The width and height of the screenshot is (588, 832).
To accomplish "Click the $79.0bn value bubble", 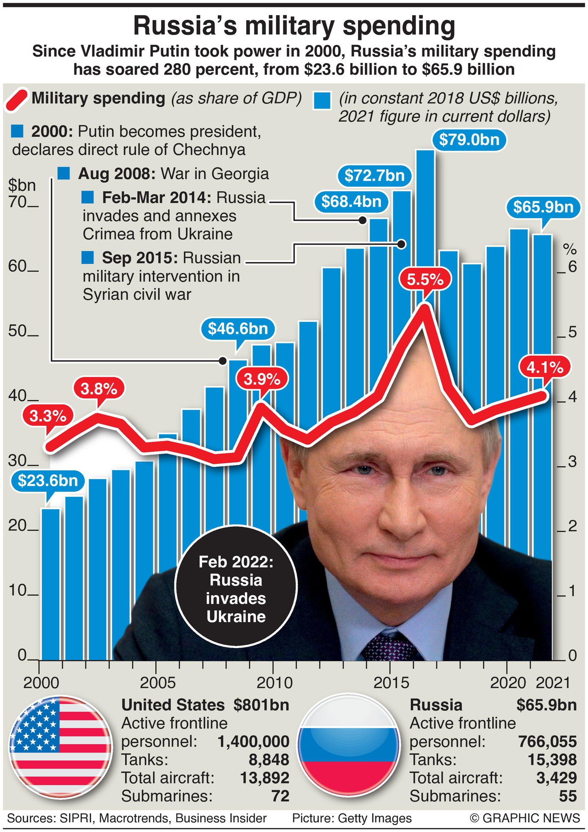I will [469, 139].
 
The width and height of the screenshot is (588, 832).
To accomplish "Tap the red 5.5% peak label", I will [425, 279].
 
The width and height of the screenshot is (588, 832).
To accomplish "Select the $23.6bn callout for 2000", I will [48, 480].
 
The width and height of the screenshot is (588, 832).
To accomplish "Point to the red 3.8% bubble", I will [99, 389].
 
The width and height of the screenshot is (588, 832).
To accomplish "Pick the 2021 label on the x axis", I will [553, 683].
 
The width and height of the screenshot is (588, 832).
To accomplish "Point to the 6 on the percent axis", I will [572, 267].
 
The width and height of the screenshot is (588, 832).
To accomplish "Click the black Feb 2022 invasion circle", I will [236, 589].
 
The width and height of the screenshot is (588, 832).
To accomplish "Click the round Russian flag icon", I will [348, 748].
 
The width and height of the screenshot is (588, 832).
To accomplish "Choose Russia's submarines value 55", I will [568, 796].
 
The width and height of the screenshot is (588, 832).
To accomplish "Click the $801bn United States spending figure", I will [261, 705].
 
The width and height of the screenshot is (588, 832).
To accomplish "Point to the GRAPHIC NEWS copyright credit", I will [525, 818].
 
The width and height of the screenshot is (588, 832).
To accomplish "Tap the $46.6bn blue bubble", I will [238, 329].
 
